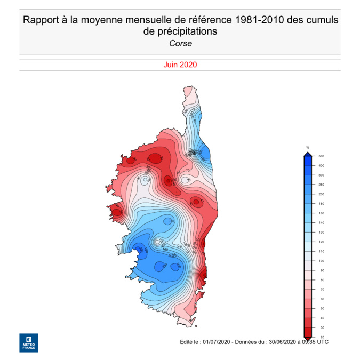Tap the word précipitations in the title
coord(188,32)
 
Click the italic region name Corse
coord(180,44)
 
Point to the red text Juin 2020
coord(180,65)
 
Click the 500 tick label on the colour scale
coord(321,156)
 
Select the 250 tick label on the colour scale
coord(321,185)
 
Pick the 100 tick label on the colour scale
coord(321,261)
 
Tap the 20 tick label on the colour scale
coord(321,337)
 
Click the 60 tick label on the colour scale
coord(321,299)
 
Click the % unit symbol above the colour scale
coord(308,147)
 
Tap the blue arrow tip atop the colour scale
coord(308,154)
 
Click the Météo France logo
coord(28,342)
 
